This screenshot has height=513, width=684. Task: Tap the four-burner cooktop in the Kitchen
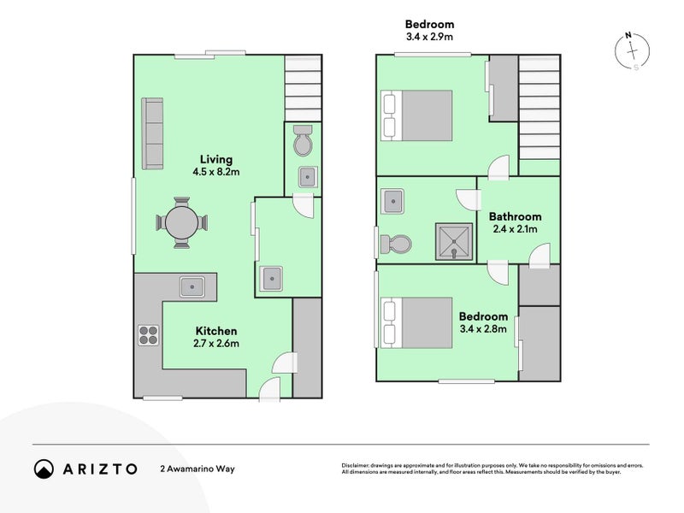(148, 336)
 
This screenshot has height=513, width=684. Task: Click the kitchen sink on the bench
(192, 286)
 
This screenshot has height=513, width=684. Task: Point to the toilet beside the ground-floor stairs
(302, 142)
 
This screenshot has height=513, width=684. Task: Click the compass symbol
(632, 51)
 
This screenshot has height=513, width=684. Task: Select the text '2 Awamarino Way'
(197, 469)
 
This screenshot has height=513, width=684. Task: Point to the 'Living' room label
(215, 159)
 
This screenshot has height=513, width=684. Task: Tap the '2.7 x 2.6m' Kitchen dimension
(216, 344)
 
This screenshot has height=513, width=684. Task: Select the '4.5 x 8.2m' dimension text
(215, 172)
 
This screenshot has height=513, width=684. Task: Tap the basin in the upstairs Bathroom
(394, 202)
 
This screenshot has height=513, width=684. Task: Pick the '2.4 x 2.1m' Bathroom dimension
(514, 229)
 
